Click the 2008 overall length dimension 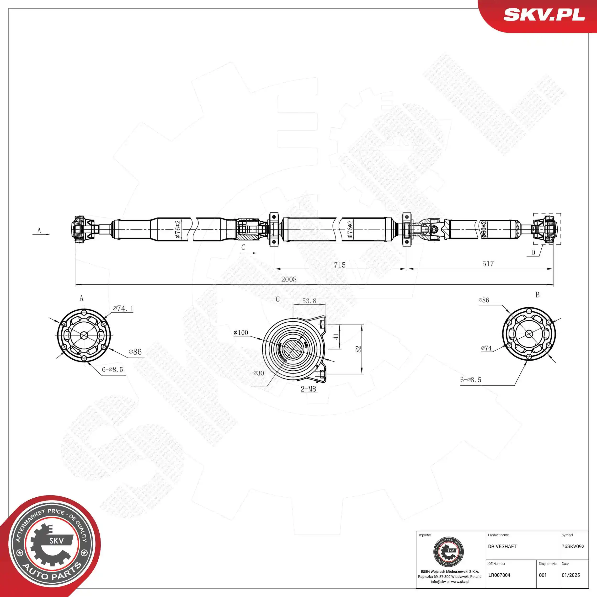coord(289,279)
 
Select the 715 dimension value coord(340,265)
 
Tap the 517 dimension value coord(488,264)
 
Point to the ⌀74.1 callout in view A coord(123,308)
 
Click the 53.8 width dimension coord(309,301)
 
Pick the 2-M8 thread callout coord(308,389)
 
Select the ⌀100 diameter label coord(241,332)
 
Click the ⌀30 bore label coord(259,373)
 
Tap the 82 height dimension coord(358,349)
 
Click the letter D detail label coord(533,252)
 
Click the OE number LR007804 coord(499,575)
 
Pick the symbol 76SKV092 coord(573,546)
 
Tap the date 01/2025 coord(571,575)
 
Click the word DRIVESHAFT coord(502,546)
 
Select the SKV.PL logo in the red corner coord(544,15)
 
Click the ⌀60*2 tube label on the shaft coord(484,229)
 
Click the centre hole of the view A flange coord(84,335)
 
